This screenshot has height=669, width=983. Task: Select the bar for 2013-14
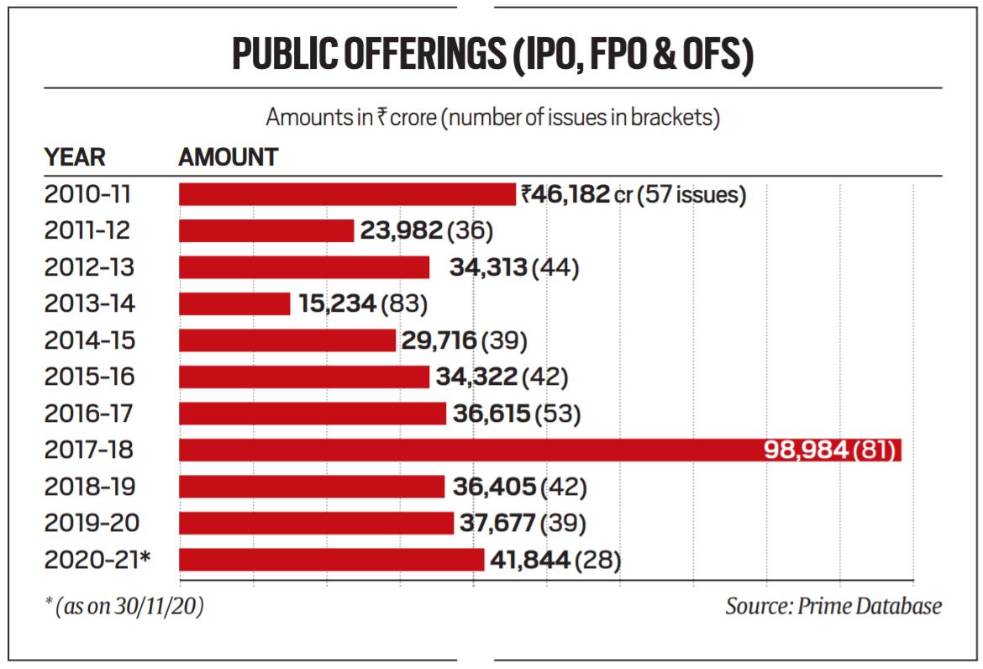(234, 303)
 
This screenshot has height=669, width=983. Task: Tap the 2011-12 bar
(266, 230)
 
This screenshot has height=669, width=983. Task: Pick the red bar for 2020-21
(332, 560)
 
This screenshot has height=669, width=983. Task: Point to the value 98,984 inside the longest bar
(807, 450)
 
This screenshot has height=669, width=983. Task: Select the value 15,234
(337, 303)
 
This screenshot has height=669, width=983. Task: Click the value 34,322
(476, 377)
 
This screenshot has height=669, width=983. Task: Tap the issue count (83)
(404, 303)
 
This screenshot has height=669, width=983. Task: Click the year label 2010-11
(88, 195)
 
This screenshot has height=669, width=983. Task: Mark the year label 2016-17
(88, 414)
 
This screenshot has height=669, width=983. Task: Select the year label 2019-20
(88, 523)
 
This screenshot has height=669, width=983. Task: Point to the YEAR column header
(75, 157)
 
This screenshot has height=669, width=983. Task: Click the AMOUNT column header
(228, 157)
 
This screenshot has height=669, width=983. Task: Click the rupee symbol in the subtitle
(381, 118)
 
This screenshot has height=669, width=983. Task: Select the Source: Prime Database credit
(833, 606)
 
